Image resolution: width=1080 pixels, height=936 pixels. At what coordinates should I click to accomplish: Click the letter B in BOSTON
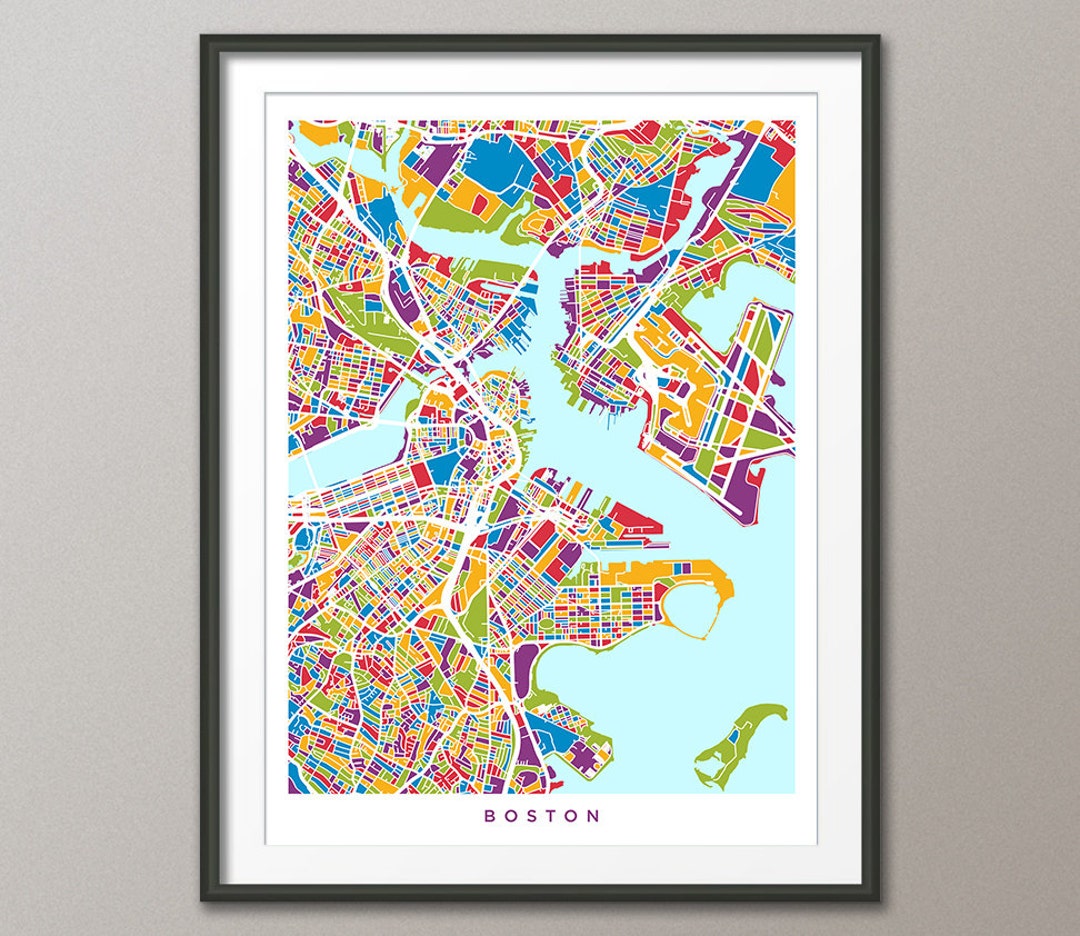click(x=490, y=815)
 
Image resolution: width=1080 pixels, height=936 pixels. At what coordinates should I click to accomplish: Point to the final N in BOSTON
click(x=596, y=815)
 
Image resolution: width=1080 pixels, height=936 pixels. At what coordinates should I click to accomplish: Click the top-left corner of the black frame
click(x=203, y=38)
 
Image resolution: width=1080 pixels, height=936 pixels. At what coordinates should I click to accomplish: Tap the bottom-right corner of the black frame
click(x=877, y=898)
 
